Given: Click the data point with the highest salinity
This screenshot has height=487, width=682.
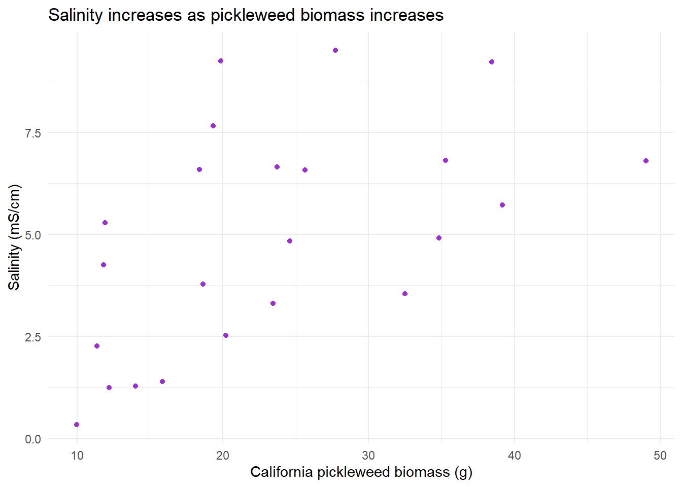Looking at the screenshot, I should click(x=335, y=50).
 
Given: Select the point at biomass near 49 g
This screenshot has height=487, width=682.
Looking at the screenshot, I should click(x=646, y=161).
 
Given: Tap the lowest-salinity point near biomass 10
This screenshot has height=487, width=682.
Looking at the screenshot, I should click(x=77, y=425).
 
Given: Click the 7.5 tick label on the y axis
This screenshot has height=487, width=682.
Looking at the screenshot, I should click(x=32, y=133).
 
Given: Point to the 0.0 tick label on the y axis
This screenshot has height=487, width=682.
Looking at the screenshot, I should click(x=32, y=439).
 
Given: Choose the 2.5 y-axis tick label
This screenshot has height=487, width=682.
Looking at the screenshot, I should click(x=32, y=337).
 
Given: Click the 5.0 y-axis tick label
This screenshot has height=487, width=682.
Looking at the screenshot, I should click(x=32, y=235).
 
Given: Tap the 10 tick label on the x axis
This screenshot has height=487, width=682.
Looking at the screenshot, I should click(x=77, y=456).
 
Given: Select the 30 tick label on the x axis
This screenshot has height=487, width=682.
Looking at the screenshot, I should click(x=368, y=456).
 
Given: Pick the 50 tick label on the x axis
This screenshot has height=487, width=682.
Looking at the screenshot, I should click(x=660, y=456).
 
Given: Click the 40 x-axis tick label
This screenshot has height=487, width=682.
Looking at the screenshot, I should click(x=514, y=456).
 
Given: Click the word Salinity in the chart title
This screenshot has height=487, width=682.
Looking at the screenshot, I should click(x=76, y=15).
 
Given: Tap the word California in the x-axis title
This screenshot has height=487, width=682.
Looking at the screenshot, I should click(x=281, y=472).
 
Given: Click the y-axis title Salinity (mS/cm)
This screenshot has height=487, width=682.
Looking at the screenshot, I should click(x=14, y=237).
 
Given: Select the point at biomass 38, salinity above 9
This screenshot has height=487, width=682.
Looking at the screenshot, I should click(x=492, y=62).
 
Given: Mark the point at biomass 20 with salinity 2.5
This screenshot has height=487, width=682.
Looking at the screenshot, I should click(x=226, y=335).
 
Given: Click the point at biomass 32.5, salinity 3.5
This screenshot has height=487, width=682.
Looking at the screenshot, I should click(x=405, y=294).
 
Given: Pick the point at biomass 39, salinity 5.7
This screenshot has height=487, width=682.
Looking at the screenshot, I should click(x=502, y=205).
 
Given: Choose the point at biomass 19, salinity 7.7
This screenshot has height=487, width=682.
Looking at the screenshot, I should click(x=213, y=126).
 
